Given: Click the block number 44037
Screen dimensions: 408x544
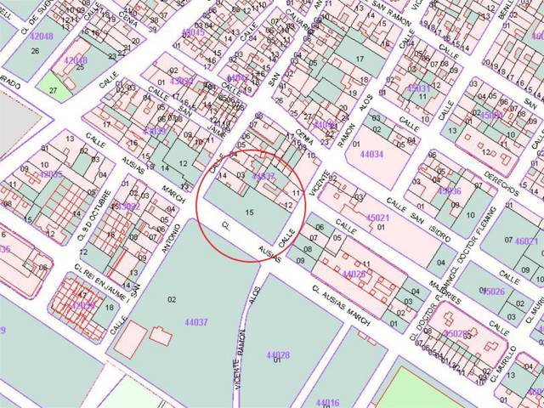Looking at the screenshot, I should coord(195,322).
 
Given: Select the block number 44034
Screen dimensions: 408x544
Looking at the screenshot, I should coord(371,155).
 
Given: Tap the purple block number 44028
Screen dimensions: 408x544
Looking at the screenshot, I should coord(278,355).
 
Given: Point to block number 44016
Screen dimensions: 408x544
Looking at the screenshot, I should coord(327,402).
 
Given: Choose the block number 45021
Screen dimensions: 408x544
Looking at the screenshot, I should coord(377,218).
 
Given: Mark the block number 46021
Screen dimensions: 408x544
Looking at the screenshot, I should coord(527,241).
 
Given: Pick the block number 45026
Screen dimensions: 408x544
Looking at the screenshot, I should coord(493,292).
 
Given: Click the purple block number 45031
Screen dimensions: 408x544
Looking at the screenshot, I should coord(419,88).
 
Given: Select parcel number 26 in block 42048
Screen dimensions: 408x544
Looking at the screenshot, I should coord(35,51).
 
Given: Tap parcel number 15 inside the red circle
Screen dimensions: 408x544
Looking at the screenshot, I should coord(249,211).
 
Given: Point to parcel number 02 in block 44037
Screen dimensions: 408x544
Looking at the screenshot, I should coord(172,298).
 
